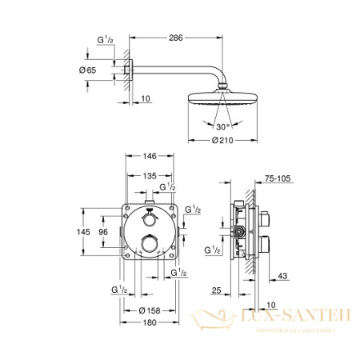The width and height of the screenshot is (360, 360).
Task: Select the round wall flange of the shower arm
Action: pyautogui.click(x=126, y=73)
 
